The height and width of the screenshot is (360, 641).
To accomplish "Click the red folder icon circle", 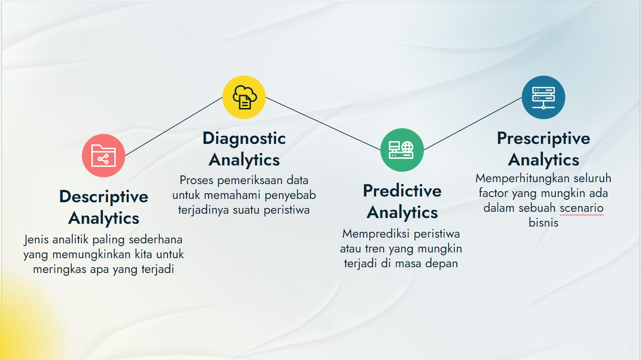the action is (104, 155).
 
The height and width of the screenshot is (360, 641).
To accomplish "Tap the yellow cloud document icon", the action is (244, 97).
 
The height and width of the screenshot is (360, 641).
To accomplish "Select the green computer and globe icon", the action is (402, 150).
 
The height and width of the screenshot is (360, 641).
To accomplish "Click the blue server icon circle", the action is (543, 97).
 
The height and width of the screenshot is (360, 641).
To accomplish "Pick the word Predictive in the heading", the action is (402, 191).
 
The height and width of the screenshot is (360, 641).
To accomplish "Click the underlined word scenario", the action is (582, 208).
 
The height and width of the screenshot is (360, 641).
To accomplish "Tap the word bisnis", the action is (543, 222).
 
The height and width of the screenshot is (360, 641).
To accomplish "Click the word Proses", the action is (197, 180).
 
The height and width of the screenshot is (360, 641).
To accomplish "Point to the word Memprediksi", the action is (376, 234).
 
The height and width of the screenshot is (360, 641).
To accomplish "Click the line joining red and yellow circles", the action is (174, 126).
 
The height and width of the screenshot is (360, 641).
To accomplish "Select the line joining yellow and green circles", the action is (323, 123).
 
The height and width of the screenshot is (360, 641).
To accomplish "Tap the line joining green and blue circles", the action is (473, 123).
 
